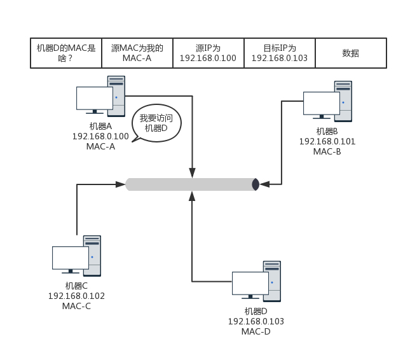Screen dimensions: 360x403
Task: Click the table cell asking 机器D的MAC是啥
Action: click(66, 53)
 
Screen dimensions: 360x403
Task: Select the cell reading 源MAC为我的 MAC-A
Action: click(137, 53)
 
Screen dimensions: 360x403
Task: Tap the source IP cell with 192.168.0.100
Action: click(208, 53)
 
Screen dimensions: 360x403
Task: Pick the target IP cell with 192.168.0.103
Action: click(279, 53)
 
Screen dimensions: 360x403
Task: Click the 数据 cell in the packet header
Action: click(351, 53)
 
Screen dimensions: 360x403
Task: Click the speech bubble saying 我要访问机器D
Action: click(156, 123)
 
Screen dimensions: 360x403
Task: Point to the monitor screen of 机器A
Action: click(94, 98)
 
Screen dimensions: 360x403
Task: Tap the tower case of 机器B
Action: click(343, 100)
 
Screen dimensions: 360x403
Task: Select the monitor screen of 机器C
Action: click(70, 258)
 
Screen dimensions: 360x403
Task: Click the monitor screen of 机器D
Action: click(250, 283)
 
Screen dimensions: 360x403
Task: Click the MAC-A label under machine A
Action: click(100, 146)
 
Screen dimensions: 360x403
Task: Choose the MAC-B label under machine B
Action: click(327, 151)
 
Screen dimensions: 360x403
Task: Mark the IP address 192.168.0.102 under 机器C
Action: click(76, 296)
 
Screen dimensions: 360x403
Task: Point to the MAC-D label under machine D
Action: click(256, 331)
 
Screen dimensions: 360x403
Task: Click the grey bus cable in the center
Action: click(191, 184)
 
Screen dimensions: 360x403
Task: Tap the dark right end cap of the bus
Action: click(256, 184)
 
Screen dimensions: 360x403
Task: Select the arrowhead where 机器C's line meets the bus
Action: click(121, 184)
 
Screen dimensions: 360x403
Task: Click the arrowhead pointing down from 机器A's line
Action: click(192, 172)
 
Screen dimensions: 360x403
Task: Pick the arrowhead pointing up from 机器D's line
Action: click(192, 196)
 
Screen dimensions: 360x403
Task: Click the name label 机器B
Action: click(327, 131)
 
